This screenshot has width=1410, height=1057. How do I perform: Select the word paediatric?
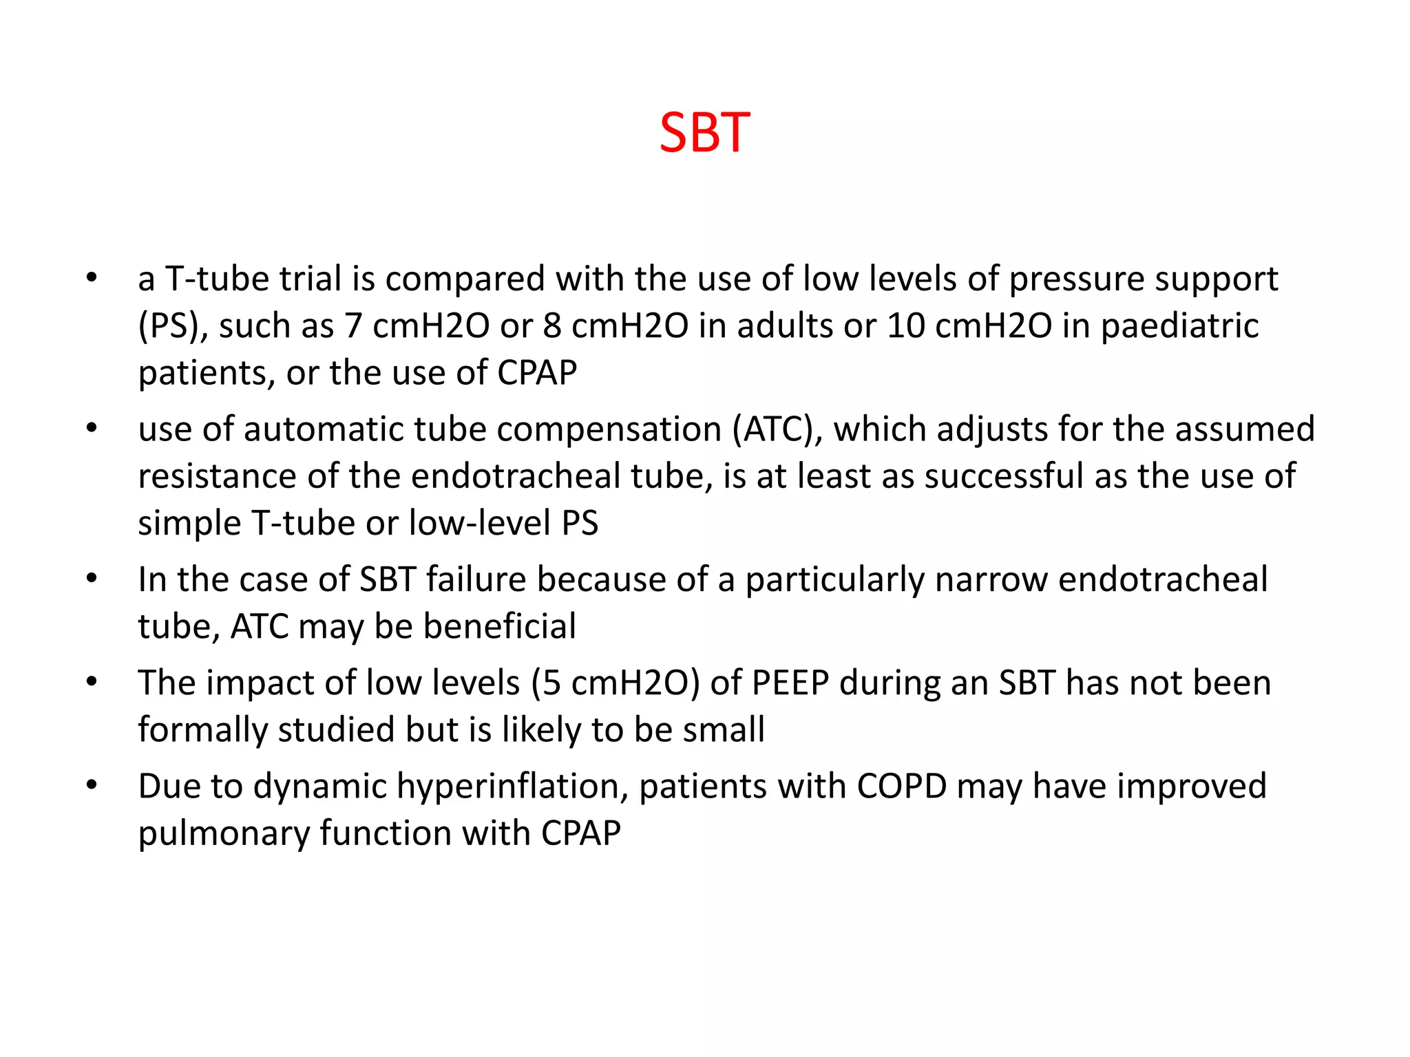pos(1179,327)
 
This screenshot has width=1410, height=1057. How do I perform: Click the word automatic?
pos(324,429)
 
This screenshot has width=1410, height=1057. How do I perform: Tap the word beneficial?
pos(500,626)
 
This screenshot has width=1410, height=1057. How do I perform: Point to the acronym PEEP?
pos(790,683)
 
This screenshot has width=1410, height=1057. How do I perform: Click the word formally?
pos(202,731)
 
